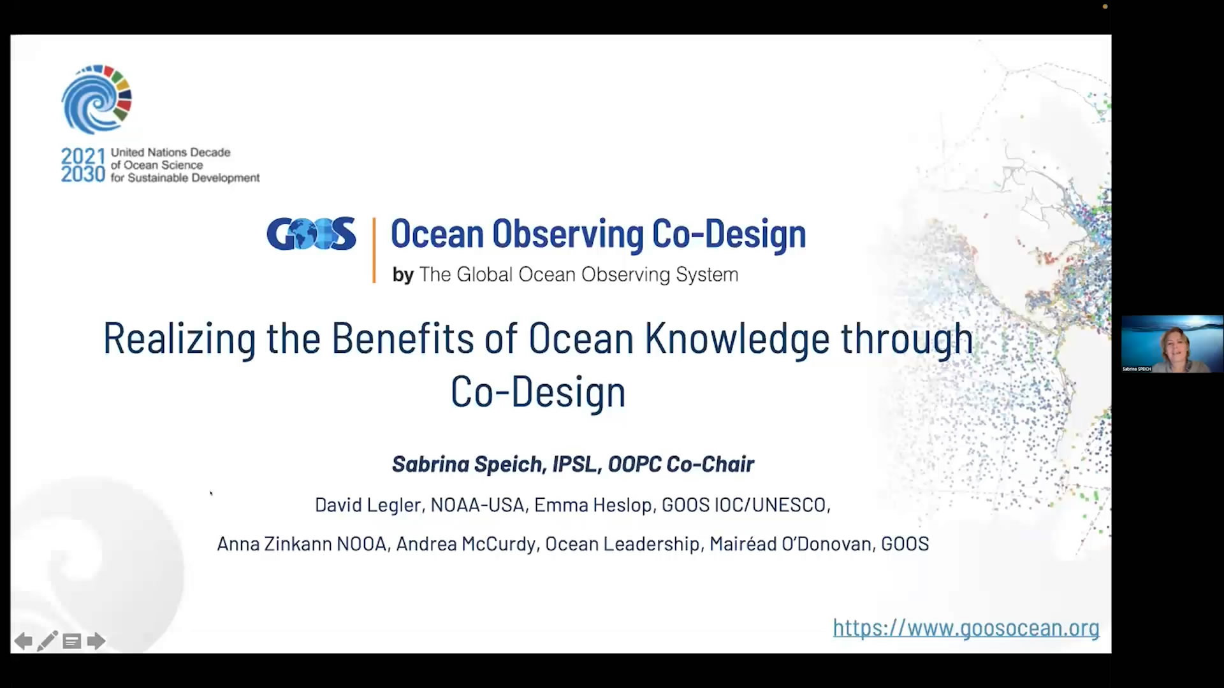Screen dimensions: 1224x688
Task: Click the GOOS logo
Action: (x=311, y=234)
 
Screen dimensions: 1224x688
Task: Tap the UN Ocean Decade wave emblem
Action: (x=97, y=99)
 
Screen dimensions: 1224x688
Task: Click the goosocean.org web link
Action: (x=966, y=628)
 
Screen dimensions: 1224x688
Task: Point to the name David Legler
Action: (x=368, y=505)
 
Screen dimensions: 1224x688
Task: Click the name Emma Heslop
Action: (x=593, y=505)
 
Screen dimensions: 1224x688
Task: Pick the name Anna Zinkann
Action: (x=274, y=544)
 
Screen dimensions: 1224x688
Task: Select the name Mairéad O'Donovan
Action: (x=790, y=544)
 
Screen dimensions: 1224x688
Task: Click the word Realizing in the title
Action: (x=179, y=339)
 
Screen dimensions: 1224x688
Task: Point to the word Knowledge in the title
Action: (x=737, y=338)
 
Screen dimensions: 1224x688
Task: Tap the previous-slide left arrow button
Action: (x=23, y=641)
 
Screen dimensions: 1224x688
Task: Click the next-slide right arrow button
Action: (x=96, y=641)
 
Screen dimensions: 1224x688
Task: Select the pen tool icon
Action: (x=47, y=641)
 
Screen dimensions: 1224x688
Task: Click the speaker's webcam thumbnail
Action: (x=1172, y=344)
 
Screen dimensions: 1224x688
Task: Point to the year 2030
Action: (x=83, y=175)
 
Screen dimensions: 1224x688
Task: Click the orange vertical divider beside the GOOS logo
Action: (x=374, y=250)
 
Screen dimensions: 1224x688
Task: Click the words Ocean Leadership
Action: (x=622, y=544)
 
